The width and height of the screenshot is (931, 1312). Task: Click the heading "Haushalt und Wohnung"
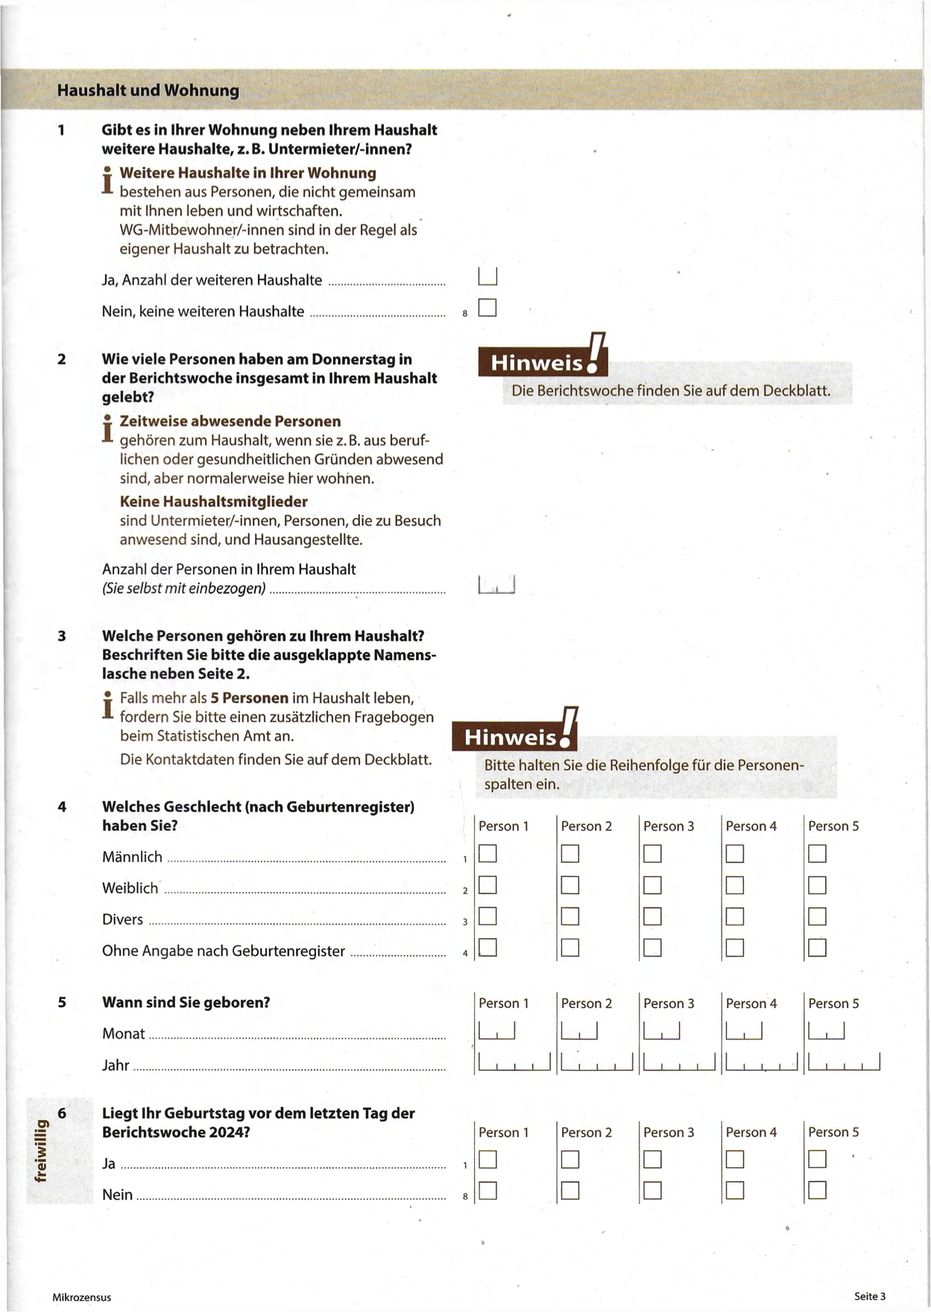(x=148, y=91)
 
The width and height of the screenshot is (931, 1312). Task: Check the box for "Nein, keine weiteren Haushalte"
(x=487, y=308)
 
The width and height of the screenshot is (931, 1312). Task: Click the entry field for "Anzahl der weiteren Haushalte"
(x=487, y=276)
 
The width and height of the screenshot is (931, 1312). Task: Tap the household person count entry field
(x=496, y=585)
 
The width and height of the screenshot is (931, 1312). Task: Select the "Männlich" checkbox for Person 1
(x=487, y=854)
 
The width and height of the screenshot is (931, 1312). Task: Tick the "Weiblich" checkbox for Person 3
(x=652, y=885)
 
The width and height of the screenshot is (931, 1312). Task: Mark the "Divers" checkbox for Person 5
(x=817, y=916)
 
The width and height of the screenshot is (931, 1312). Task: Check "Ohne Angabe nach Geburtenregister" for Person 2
(x=570, y=948)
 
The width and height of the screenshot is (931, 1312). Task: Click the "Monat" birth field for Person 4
(x=744, y=1031)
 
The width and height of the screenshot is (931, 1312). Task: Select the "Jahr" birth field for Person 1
(x=514, y=1062)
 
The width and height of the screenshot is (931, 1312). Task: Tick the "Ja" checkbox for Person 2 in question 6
(x=570, y=1160)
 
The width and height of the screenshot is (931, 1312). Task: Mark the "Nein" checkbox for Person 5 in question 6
(x=817, y=1191)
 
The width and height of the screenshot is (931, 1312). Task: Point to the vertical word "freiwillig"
(x=41, y=1151)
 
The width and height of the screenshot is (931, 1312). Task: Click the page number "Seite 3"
(x=870, y=1296)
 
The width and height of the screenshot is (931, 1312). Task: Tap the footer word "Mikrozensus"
(x=82, y=1297)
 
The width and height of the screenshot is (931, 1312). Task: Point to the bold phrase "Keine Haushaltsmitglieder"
(x=213, y=501)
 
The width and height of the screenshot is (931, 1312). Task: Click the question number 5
(x=62, y=1003)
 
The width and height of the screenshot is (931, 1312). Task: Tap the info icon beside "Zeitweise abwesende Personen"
(x=107, y=428)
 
